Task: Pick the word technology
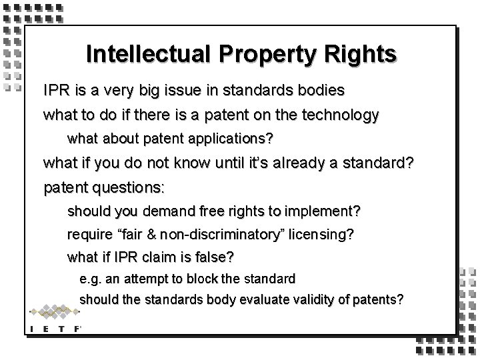[335, 115]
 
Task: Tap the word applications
[221, 140]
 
